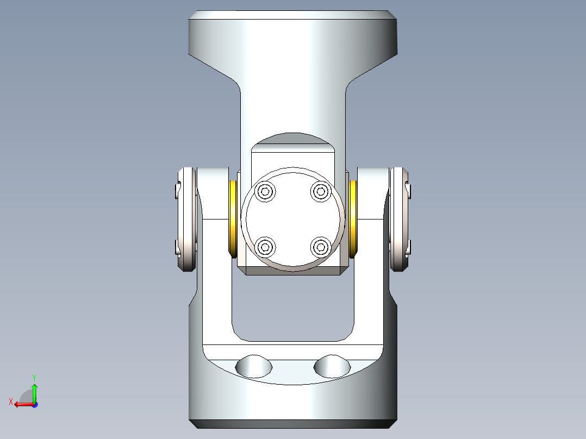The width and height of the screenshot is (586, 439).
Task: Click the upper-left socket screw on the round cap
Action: coord(265,191)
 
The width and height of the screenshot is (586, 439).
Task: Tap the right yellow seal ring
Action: coord(353,219)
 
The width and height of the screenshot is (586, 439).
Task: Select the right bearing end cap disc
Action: coord(400,219)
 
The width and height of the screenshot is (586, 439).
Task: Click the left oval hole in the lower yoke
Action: coord(253,366)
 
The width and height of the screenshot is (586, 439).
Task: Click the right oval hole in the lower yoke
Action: coord(332,366)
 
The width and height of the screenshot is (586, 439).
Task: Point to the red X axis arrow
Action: coord(22,404)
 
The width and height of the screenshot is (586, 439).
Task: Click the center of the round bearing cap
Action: coord(293,219)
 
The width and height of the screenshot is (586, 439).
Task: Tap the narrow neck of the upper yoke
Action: coord(293,109)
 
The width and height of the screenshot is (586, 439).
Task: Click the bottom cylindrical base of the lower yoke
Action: coord(293,402)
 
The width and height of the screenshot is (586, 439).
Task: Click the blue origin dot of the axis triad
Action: coord(34,405)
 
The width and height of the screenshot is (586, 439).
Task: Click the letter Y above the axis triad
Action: coord(34,377)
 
